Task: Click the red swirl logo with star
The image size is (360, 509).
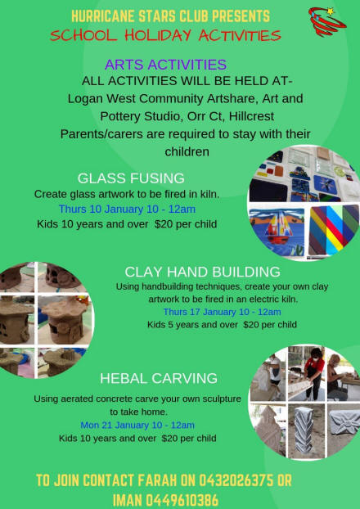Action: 327,21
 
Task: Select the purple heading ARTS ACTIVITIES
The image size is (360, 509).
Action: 165,65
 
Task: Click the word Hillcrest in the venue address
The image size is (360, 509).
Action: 251,116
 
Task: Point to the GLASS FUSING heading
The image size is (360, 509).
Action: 131,178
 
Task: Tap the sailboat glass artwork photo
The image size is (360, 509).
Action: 277,231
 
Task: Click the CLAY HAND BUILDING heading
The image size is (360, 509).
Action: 203,272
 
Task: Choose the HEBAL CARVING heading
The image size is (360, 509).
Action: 159,379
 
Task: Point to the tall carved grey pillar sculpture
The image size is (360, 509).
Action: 304,430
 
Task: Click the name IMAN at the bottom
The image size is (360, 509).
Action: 127,500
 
